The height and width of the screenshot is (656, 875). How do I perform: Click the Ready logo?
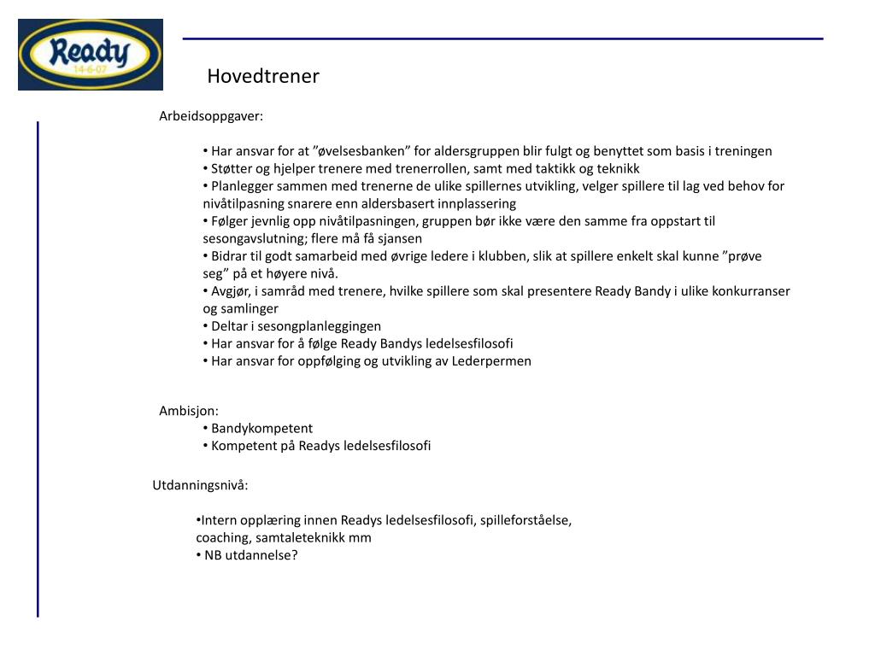point(90,55)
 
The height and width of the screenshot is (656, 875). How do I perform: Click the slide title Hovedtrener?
point(263,77)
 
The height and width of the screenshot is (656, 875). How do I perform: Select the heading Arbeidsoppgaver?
point(211,116)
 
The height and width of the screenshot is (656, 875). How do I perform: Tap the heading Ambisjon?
point(189,411)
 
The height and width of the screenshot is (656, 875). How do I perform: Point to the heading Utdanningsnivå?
point(200,486)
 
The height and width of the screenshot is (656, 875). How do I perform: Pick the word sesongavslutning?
point(255,239)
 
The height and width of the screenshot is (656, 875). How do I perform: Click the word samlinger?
point(253,309)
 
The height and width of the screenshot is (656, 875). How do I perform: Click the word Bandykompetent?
point(262,429)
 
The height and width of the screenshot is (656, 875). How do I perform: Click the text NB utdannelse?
point(251,555)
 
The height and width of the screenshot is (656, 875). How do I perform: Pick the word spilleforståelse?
point(526,520)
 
